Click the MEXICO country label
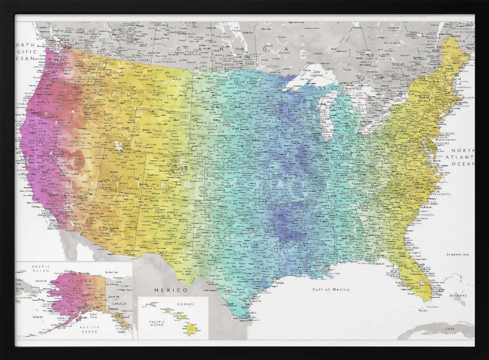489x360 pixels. [x=164, y=290]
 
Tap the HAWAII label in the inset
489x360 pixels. [x=185, y=304]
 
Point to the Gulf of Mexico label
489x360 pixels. [x=331, y=290]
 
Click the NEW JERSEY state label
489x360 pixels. [x=446, y=134]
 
